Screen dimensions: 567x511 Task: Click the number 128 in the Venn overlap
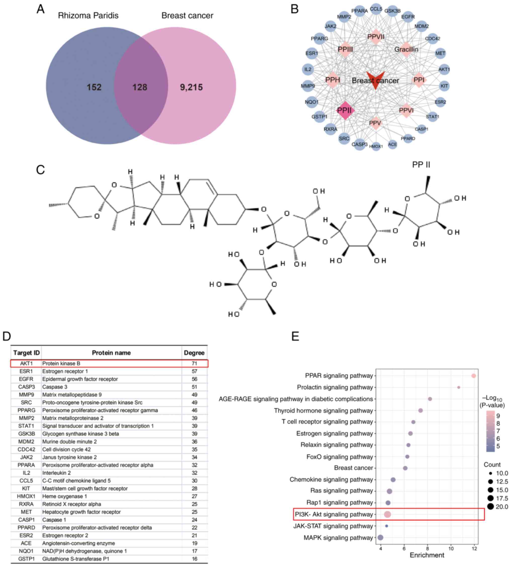(x=140, y=87)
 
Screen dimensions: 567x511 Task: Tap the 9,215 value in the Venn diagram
(x=191, y=87)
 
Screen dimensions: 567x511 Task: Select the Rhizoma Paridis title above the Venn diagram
(x=88, y=15)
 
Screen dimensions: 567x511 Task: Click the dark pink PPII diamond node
(x=345, y=110)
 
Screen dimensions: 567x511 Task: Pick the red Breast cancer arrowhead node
(x=375, y=80)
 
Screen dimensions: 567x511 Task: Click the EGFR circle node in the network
(x=408, y=17)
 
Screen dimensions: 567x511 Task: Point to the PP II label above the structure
(x=421, y=164)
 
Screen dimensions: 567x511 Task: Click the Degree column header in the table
(x=194, y=353)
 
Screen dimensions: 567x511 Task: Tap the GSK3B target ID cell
(x=26, y=434)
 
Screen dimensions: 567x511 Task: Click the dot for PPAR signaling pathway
(x=474, y=376)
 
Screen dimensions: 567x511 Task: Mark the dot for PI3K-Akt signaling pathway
(x=388, y=514)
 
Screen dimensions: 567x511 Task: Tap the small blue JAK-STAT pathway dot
(x=387, y=526)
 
